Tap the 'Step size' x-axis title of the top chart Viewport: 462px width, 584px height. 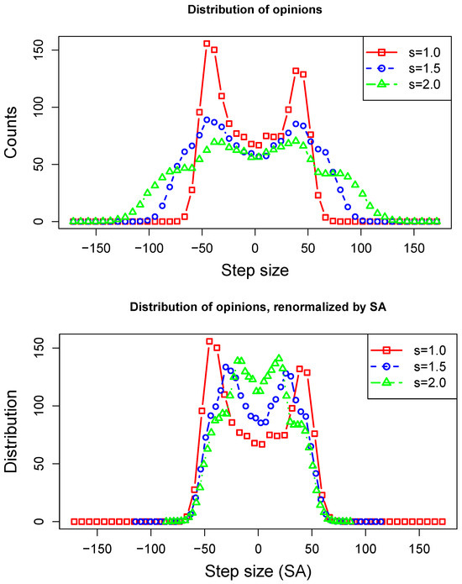point(255,272)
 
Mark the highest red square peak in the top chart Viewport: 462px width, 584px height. point(207,44)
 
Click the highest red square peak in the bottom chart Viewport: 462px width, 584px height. point(209,341)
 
